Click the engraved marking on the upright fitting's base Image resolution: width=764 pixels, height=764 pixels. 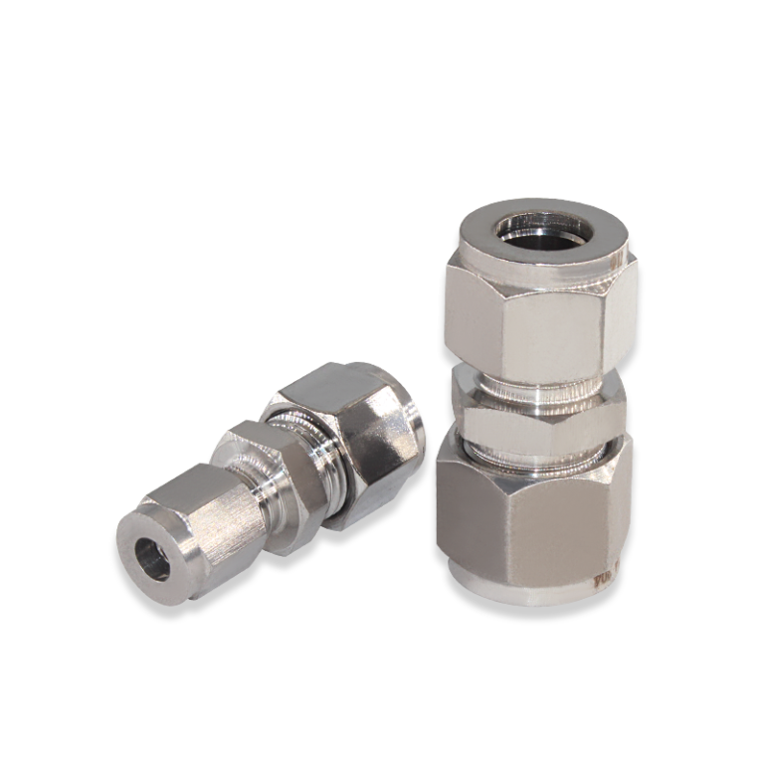[x=604, y=577]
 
